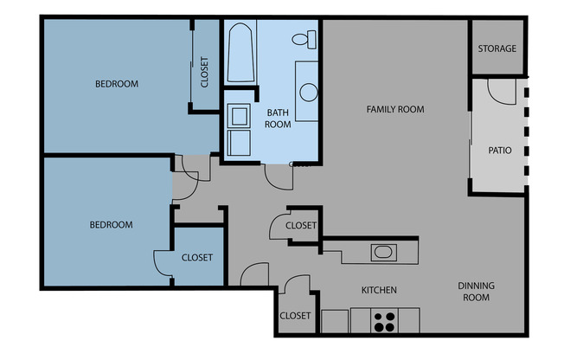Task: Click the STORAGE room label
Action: (497, 48)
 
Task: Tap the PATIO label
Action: (500, 150)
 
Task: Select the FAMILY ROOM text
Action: (395, 109)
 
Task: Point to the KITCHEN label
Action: (379, 290)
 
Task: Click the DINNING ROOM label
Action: (473, 292)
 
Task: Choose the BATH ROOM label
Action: (278, 118)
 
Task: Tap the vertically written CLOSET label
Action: (204, 73)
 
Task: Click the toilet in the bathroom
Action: (304, 39)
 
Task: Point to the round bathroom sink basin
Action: (307, 91)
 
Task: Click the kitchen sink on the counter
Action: (383, 253)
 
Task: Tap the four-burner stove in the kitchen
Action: (385, 321)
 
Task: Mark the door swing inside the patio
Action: (501, 91)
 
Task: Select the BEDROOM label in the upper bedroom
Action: (117, 84)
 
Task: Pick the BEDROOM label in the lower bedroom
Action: (112, 225)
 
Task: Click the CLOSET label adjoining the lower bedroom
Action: (197, 257)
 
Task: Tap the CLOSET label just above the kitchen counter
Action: (301, 226)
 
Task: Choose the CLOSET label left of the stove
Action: (295, 316)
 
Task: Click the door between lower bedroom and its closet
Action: (164, 263)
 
